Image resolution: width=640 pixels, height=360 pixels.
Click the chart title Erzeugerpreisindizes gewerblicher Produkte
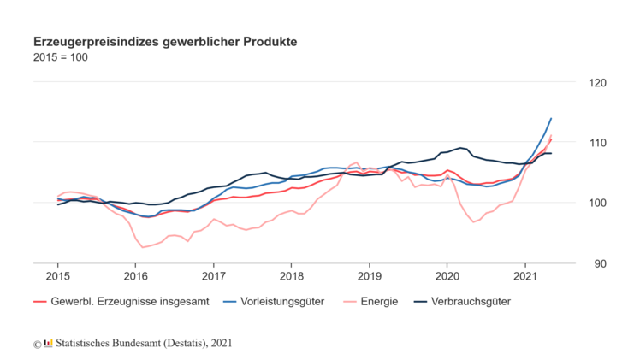pyautogui.click(x=164, y=41)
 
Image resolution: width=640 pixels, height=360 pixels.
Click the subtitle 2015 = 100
pyautogui.click(x=60, y=57)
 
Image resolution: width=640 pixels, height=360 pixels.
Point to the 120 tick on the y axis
pyautogui.click(x=596, y=83)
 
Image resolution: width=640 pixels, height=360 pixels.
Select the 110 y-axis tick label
pyautogui.click(x=596, y=143)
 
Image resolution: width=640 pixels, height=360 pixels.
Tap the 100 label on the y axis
pyautogui.click(x=596, y=203)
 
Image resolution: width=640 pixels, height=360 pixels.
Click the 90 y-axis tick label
pyautogui.click(x=599, y=263)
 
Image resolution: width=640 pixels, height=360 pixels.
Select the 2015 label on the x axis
pyautogui.click(x=57, y=277)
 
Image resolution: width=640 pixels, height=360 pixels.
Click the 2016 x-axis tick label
pyautogui.click(x=135, y=277)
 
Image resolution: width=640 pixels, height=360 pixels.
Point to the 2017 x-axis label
pyautogui.click(x=213, y=277)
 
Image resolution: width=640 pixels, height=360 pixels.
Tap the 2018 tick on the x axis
pyautogui.click(x=291, y=277)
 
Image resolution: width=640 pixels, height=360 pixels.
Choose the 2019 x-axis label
pyautogui.click(x=369, y=277)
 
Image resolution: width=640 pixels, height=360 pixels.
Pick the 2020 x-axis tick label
pyautogui.click(x=447, y=277)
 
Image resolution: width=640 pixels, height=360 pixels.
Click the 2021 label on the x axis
pyautogui.click(x=524, y=277)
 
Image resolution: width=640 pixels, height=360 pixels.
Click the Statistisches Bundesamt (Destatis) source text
pyautogui.click(x=137, y=343)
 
